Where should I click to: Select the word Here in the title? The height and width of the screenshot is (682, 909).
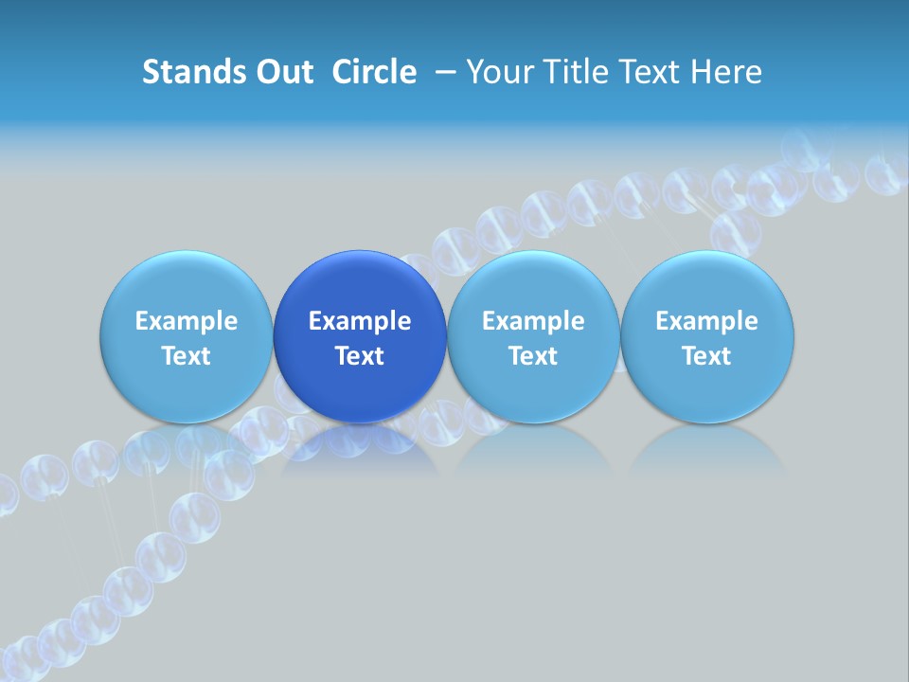pos(727,72)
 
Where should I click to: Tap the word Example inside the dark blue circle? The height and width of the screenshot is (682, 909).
pos(360,321)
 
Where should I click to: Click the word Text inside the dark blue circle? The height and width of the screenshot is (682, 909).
pos(360,356)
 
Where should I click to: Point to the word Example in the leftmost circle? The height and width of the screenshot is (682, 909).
pos(186,321)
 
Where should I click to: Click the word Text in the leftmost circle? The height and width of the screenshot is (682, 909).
pos(186,356)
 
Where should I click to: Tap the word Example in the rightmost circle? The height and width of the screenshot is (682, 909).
pos(707,321)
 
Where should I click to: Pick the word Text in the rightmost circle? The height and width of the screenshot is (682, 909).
pos(707,356)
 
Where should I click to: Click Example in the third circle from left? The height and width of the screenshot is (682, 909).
pos(533,321)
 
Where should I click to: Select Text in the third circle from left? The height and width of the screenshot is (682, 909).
pos(533,356)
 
